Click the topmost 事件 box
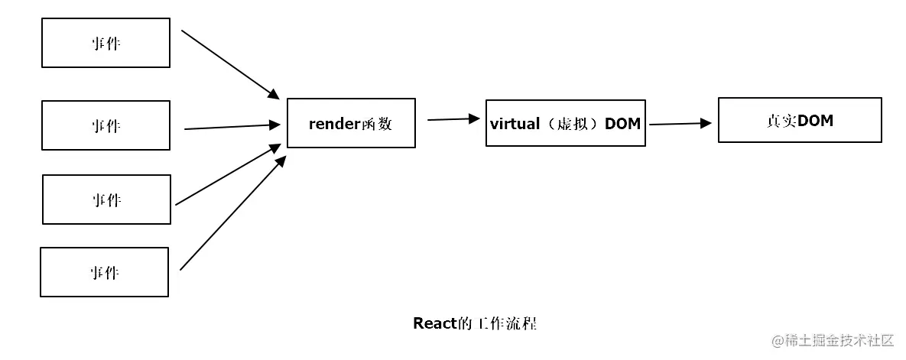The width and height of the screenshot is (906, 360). [106, 43]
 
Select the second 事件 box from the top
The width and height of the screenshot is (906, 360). [106, 125]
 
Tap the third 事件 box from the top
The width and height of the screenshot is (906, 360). [106, 199]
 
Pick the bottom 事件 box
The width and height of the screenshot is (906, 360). [105, 272]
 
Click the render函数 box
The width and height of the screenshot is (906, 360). [351, 123]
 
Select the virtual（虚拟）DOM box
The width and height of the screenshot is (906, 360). [565, 123]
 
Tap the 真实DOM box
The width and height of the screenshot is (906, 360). [800, 120]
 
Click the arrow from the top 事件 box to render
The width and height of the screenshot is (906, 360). [230, 64]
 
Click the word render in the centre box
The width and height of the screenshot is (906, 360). [334, 123]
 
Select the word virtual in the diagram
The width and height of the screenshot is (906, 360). [514, 123]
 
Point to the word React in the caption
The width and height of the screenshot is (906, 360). [435, 323]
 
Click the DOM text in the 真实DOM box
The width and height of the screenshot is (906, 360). [816, 120]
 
